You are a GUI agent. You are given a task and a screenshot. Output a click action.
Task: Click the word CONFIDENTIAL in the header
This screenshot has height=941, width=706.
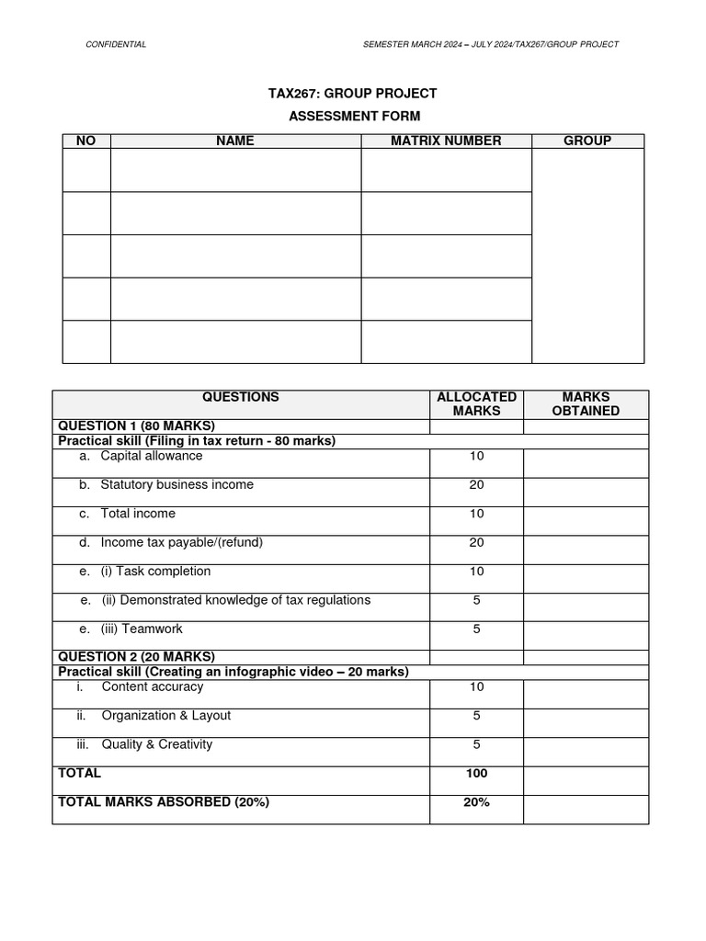coord(115,44)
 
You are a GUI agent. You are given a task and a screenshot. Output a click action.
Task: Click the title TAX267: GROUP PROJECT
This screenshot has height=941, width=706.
coord(352,94)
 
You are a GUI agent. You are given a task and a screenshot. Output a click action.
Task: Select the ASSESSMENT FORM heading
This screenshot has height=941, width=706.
coord(354,116)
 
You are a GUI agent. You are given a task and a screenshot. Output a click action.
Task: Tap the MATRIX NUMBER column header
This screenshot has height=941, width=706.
coord(446,141)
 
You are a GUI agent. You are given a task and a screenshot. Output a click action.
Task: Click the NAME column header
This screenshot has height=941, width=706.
coord(235,141)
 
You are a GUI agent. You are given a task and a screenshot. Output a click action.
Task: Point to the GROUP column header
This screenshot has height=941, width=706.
coord(587,141)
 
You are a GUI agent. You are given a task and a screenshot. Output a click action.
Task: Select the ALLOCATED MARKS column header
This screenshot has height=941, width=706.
coord(476,404)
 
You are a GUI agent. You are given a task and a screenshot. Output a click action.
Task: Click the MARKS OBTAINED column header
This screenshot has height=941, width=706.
coord(586,404)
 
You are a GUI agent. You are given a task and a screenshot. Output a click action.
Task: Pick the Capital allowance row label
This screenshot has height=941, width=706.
coord(151,456)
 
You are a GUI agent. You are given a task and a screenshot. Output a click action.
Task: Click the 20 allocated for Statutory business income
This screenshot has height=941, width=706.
coord(476,485)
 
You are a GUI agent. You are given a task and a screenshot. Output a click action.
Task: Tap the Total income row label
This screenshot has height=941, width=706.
coord(137,514)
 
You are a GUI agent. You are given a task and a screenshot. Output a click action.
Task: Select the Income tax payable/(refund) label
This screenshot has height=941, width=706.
coord(181,542)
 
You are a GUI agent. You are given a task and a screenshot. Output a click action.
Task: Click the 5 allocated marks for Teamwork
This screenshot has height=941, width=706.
coord(476,629)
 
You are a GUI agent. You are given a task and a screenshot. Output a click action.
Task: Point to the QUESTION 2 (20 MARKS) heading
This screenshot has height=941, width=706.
coord(136,656)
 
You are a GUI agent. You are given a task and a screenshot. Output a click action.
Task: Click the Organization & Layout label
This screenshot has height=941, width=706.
coord(165,715)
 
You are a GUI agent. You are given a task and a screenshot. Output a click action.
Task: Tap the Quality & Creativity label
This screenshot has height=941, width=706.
coord(156,744)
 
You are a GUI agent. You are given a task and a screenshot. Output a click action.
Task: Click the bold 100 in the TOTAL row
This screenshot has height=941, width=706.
coord(476,774)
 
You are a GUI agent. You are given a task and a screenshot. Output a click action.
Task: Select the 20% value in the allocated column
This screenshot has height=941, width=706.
coord(476,802)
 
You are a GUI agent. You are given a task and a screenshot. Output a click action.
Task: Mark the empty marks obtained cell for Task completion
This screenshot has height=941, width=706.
coord(586,577)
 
